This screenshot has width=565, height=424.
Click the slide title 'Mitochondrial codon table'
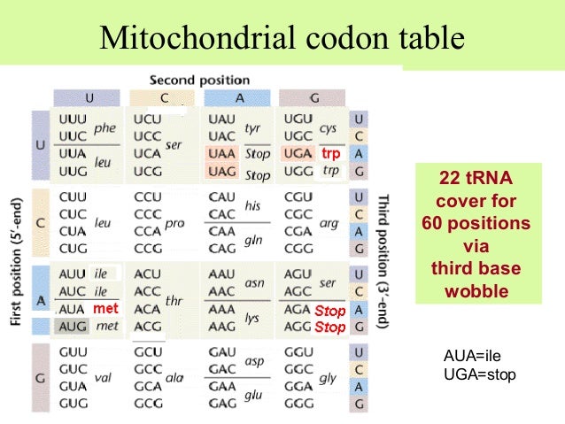point(282,38)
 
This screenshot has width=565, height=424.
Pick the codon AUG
point(73,327)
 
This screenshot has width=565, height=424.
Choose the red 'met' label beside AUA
point(107,309)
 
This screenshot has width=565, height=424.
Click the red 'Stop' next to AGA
point(329,311)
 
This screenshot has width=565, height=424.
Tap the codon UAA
point(222,153)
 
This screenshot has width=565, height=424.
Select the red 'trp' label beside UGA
point(331,154)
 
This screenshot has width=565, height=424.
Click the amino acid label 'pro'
point(174,223)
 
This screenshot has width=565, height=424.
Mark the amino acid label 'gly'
point(328,378)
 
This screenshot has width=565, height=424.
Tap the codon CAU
point(222,197)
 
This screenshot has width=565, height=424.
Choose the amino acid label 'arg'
point(328,223)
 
